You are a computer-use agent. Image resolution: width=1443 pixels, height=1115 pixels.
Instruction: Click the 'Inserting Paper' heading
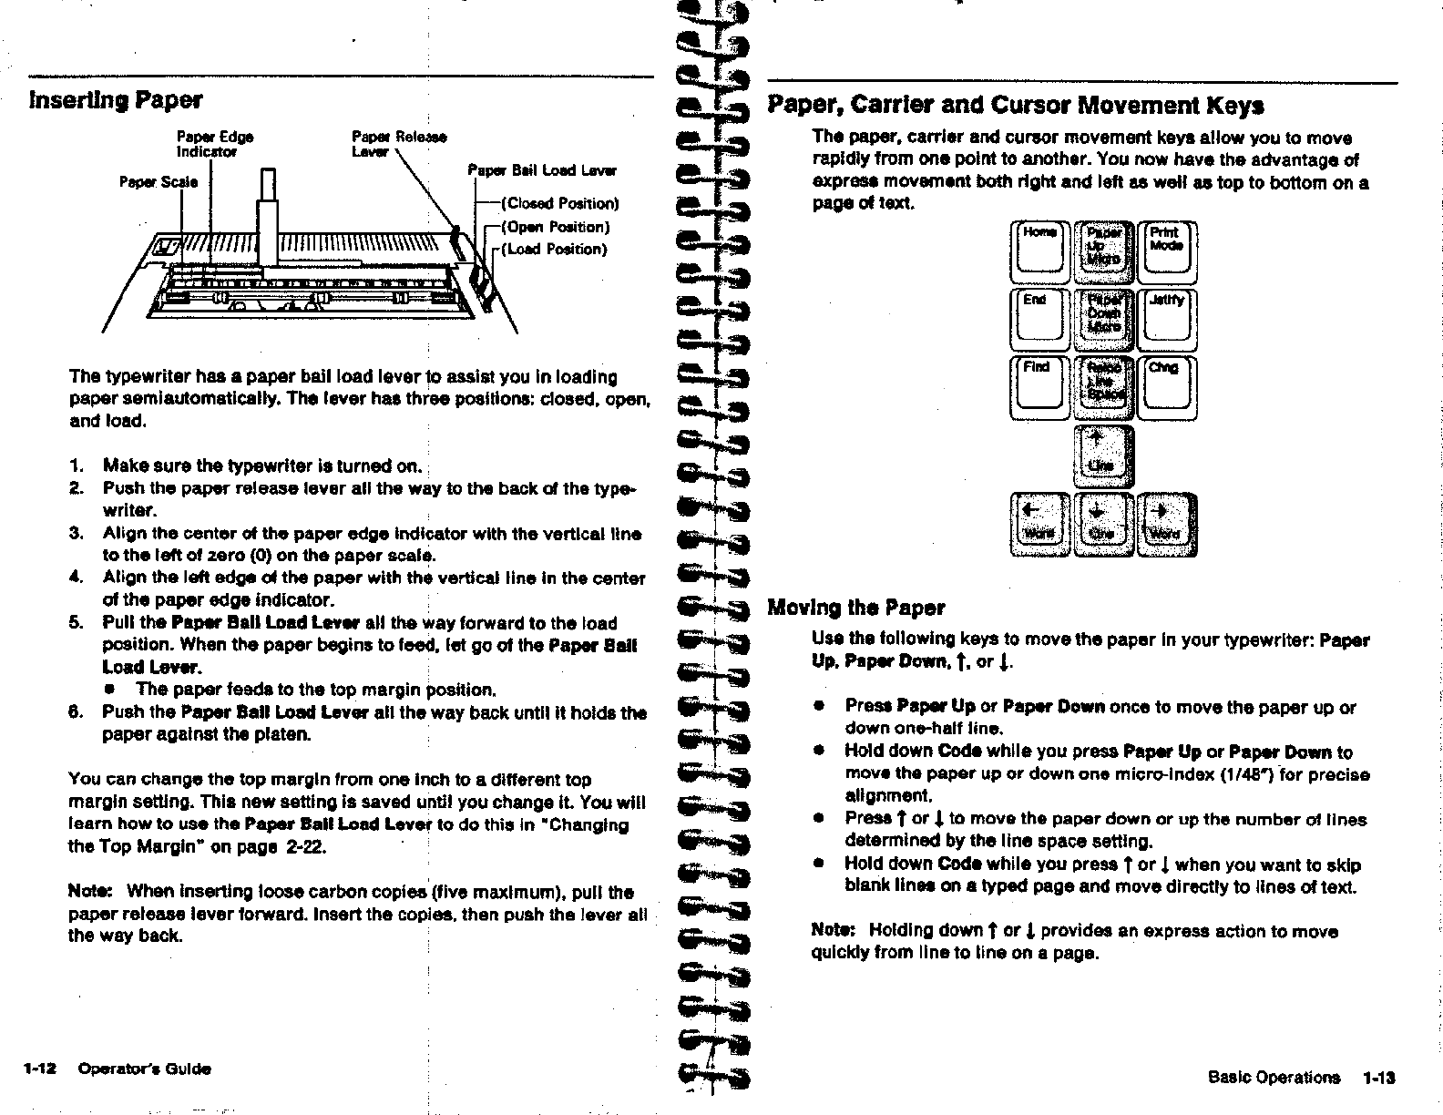pos(116,99)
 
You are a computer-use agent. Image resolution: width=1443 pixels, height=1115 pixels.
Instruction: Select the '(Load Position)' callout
pos(555,249)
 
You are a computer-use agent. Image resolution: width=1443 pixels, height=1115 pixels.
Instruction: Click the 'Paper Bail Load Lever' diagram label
pos(541,170)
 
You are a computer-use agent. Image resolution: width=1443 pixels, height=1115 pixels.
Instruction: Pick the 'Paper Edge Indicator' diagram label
pos(215,144)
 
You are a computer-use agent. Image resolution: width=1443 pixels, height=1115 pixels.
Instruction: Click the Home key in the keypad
pos(1039,252)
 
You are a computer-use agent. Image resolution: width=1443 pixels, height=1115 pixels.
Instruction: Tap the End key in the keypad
pos(1039,320)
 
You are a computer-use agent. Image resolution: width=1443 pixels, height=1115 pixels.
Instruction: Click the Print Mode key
pos(1166,252)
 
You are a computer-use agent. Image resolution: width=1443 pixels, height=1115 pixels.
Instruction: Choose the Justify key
pos(1166,320)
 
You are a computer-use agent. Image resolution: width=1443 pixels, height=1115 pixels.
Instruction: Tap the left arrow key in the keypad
pos(1039,524)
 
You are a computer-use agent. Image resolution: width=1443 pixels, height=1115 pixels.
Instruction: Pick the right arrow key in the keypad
pos(1167,524)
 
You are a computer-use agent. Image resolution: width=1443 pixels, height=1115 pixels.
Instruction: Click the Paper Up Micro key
pos(1102,252)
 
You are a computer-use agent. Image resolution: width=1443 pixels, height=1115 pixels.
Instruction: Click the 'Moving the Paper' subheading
pos(855,608)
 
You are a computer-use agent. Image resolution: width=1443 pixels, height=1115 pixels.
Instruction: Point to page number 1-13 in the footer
pos(1379,1078)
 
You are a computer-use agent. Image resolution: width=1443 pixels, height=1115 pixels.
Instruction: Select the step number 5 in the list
pos(75,623)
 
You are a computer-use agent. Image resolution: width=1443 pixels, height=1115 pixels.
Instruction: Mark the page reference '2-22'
pos(306,847)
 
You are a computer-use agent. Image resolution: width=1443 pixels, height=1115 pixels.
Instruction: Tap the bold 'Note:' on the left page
pos(91,892)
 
